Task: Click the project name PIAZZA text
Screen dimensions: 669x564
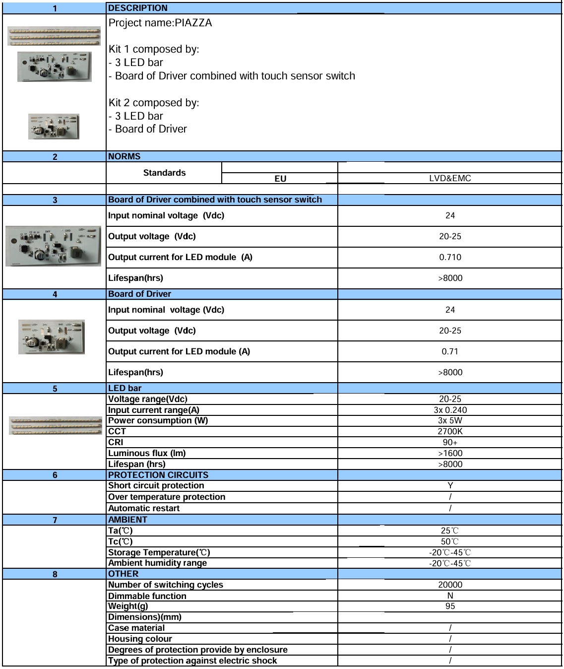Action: coord(160,23)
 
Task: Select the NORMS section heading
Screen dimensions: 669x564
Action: coord(124,156)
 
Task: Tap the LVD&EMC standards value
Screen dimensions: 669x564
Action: coord(450,178)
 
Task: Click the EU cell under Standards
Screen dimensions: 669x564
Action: coord(280,179)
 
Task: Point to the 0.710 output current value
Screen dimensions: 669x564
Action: coord(450,257)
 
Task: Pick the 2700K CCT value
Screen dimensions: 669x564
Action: coord(450,431)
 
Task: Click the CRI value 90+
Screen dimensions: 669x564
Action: coord(450,442)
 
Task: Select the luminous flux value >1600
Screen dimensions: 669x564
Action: coord(450,453)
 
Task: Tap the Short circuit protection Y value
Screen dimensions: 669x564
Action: coord(450,485)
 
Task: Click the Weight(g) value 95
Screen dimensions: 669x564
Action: coord(450,606)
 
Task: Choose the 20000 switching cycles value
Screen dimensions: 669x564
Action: coord(450,585)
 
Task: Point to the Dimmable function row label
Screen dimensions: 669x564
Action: coord(147,596)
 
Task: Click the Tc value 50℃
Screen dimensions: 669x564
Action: coord(450,541)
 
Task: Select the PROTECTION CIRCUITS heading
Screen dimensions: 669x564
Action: coord(158,475)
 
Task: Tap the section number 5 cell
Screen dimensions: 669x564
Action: coord(55,389)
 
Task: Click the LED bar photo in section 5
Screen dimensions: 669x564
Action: coord(56,426)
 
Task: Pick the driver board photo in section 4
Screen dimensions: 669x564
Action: coord(52,337)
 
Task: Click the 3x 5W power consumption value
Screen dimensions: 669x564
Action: coord(450,420)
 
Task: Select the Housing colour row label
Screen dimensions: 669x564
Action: coord(140,639)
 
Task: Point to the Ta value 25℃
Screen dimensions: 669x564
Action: coord(450,531)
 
